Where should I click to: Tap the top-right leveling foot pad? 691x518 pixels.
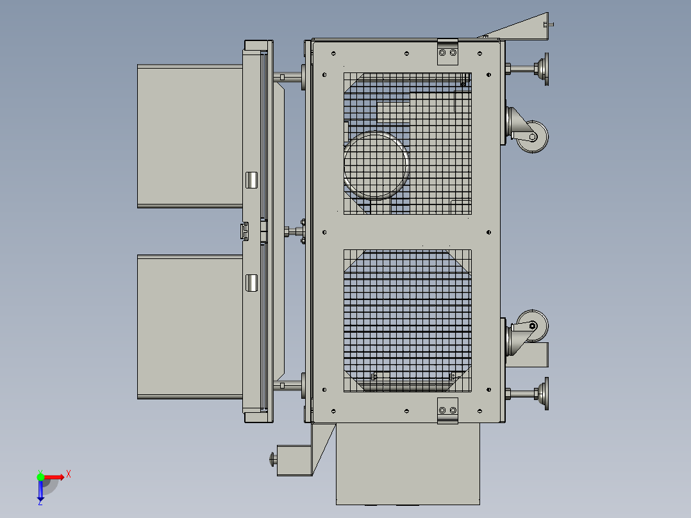[x=545, y=69]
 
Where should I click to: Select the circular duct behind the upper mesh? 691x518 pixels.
[x=376, y=165]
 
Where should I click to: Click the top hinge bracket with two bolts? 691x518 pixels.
[x=448, y=53]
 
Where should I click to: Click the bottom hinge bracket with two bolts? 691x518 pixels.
[x=448, y=410]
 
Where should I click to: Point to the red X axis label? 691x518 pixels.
[x=69, y=474]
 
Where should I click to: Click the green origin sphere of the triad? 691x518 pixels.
[x=40, y=476]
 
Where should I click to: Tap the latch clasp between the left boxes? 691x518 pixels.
[x=244, y=231]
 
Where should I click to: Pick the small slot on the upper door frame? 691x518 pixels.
[x=252, y=180]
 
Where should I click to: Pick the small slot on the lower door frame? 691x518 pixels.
[x=252, y=283]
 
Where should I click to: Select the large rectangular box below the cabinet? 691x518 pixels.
[x=408, y=464]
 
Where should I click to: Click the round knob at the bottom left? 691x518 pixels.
[x=274, y=459]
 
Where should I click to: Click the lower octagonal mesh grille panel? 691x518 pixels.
[x=408, y=321]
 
